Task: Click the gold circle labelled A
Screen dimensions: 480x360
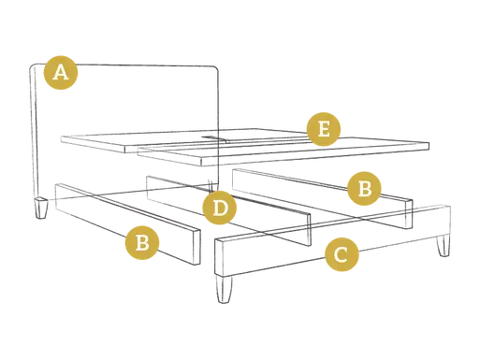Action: (x=61, y=73)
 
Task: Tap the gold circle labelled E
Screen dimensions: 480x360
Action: (x=324, y=129)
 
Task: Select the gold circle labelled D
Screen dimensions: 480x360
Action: (x=220, y=208)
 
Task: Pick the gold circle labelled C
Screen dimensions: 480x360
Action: (x=342, y=254)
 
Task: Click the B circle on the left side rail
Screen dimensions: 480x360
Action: (x=142, y=242)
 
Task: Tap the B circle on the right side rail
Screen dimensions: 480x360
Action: (x=364, y=188)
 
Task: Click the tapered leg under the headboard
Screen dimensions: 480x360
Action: (x=41, y=208)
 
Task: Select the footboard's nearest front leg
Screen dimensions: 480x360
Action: (x=224, y=289)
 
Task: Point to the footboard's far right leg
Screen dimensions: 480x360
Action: (x=444, y=246)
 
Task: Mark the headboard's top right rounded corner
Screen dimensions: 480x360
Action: (x=215, y=69)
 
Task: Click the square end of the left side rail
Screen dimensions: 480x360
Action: (x=196, y=248)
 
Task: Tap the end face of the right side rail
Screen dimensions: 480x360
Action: (x=409, y=214)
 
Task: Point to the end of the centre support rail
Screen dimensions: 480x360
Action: (x=309, y=230)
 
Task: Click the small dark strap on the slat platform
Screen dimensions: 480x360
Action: (x=209, y=137)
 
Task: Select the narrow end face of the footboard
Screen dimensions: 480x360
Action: (x=219, y=257)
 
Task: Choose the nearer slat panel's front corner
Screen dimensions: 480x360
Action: (x=202, y=162)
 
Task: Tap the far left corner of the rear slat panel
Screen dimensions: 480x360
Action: (x=62, y=137)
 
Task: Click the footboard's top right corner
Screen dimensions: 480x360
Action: (x=448, y=207)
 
